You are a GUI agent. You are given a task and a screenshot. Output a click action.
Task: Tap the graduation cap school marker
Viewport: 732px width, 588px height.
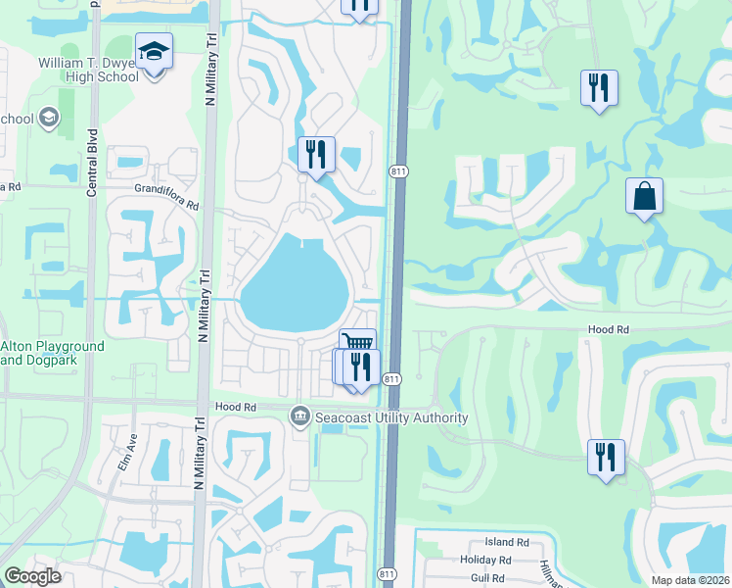coord(154,51)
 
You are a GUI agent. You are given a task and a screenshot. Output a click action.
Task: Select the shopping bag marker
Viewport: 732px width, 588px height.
coord(644,196)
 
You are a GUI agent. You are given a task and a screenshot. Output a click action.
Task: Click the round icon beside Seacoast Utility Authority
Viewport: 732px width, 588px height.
coord(300,417)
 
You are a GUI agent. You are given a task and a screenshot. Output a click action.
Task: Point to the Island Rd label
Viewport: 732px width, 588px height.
coord(506,542)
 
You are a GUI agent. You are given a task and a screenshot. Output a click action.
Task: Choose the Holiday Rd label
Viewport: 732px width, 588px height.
coord(485,561)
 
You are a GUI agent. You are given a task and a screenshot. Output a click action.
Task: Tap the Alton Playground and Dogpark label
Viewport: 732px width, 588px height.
coord(52,353)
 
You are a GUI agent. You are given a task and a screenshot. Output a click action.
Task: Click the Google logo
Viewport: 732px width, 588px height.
coord(32,576)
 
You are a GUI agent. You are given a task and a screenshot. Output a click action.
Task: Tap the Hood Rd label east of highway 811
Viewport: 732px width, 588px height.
coord(607,330)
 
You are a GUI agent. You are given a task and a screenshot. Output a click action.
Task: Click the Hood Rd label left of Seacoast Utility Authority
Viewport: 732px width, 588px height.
coord(235,407)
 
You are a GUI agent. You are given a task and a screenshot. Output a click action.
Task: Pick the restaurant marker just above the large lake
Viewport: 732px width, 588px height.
coord(316,156)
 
